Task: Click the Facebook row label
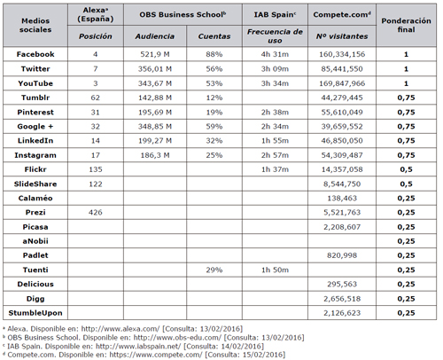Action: [x=35, y=54]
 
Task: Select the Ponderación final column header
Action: [x=406, y=25]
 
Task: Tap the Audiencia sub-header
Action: [x=155, y=36]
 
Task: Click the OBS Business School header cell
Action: [x=183, y=14]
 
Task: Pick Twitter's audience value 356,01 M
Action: [x=155, y=69]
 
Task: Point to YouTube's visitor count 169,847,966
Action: [x=342, y=83]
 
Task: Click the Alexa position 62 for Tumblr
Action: [x=96, y=98]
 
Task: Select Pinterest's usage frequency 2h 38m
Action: [x=275, y=113]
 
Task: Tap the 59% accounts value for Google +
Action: [x=214, y=127]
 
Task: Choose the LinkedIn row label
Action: [x=35, y=141]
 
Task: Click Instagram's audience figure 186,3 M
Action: [x=155, y=155]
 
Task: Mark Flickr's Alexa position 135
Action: [x=96, y=169]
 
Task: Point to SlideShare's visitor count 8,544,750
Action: [x=342, y=184]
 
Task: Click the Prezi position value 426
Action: [x=96, y=212]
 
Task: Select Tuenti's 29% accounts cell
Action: [x=214, y=270]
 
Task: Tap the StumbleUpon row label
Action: [x=35, y=313]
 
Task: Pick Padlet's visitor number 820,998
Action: [x=342, y=255]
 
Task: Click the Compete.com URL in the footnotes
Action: [x=156, y=355]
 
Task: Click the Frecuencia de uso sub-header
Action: [x=275, y=36]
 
